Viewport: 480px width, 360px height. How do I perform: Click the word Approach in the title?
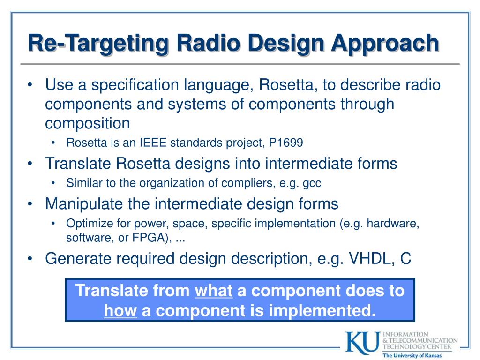pos(385,44)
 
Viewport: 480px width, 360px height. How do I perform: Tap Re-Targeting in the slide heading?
pos(98,44)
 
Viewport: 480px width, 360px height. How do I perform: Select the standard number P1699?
pos(286,142)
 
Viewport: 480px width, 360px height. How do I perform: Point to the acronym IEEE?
pos(153,142)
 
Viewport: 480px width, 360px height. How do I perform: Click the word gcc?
pos(312,184)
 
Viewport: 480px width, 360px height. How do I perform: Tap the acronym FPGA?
pos(149,238)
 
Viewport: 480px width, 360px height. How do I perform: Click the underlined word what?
pos(214,290)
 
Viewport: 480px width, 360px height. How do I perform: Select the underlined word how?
pos(120,310)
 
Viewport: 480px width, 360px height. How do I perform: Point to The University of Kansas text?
pos(412,355)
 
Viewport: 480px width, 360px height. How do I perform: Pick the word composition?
pos(88,124)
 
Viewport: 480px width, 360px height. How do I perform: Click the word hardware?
pos(393,224)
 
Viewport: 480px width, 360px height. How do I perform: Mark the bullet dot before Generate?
pos(30,259)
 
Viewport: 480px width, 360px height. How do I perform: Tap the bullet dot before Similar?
pos(53,183)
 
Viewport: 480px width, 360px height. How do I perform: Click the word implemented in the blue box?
pos(322,310)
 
